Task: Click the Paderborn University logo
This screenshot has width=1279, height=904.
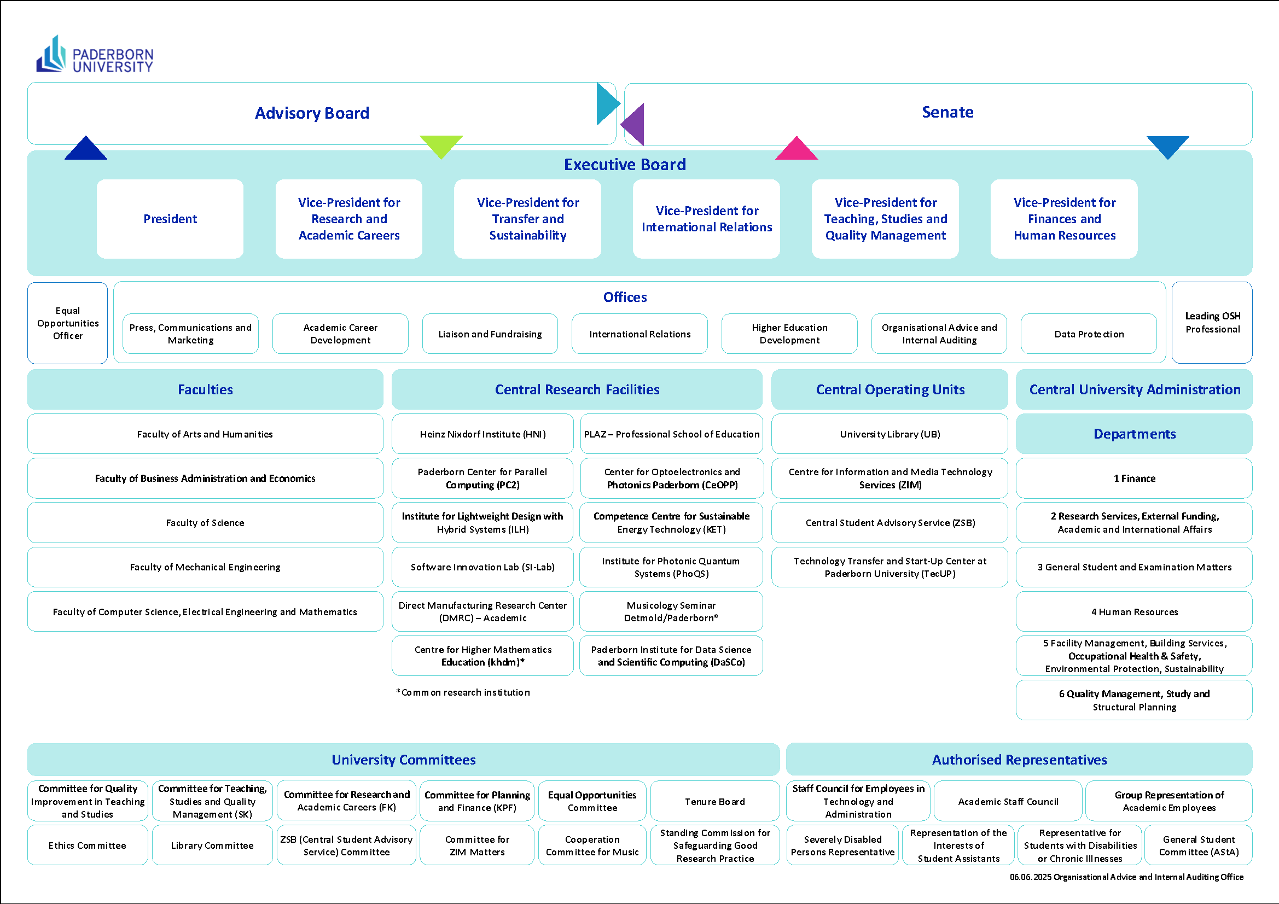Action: tap(95, 54)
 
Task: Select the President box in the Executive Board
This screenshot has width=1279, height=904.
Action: tap(170, 219)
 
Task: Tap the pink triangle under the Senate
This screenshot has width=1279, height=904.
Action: tap(797, 148)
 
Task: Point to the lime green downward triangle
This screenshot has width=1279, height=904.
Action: tap(441, 147)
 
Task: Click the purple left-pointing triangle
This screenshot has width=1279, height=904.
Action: tap(632, 124)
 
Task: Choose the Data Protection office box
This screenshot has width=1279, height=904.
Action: tap(1089, 334)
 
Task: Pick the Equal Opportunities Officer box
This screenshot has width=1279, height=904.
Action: tap(67, 323)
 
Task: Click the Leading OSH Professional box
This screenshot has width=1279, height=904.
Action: tap(1212, 323)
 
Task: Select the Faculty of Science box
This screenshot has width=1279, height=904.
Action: tap(205, 522)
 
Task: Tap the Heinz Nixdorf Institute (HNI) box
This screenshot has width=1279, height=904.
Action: tap(482, 434)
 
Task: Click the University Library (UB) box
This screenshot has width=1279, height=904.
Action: tap(890, 434)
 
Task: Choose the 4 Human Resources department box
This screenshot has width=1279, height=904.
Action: tap(1134, 611)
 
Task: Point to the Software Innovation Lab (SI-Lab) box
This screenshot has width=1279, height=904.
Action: tap(482, 567)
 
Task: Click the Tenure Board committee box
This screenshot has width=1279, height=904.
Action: tap(714, 801)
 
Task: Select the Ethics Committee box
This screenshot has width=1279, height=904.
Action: tap(88, 845)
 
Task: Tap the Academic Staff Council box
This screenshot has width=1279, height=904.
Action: tap(1008, 801)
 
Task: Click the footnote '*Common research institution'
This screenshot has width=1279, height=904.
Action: tap(463, 692)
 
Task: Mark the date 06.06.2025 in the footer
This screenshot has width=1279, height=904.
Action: tap(1030, 877)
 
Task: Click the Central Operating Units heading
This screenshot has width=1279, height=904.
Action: tap(890, 389)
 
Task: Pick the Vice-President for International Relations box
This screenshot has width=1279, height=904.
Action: tap(706, 219)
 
